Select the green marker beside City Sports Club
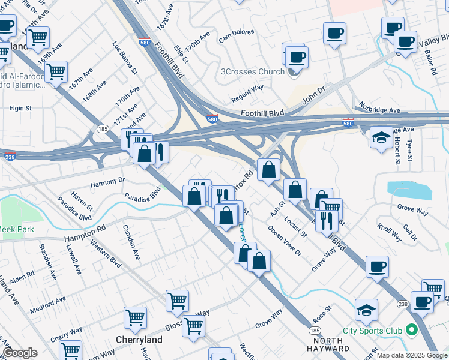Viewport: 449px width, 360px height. (411, 330)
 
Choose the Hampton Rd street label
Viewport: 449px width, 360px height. (85, 233)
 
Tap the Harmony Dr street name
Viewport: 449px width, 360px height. (107, 181)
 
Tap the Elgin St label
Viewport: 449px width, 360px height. (20, 109)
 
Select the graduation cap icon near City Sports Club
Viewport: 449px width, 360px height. (366, 310)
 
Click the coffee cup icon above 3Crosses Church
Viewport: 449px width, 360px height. (295, 58)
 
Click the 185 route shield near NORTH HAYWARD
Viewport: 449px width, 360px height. (315, 331)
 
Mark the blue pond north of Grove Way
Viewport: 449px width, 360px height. (409, 191)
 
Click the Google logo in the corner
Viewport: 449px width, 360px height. (20, 353)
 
